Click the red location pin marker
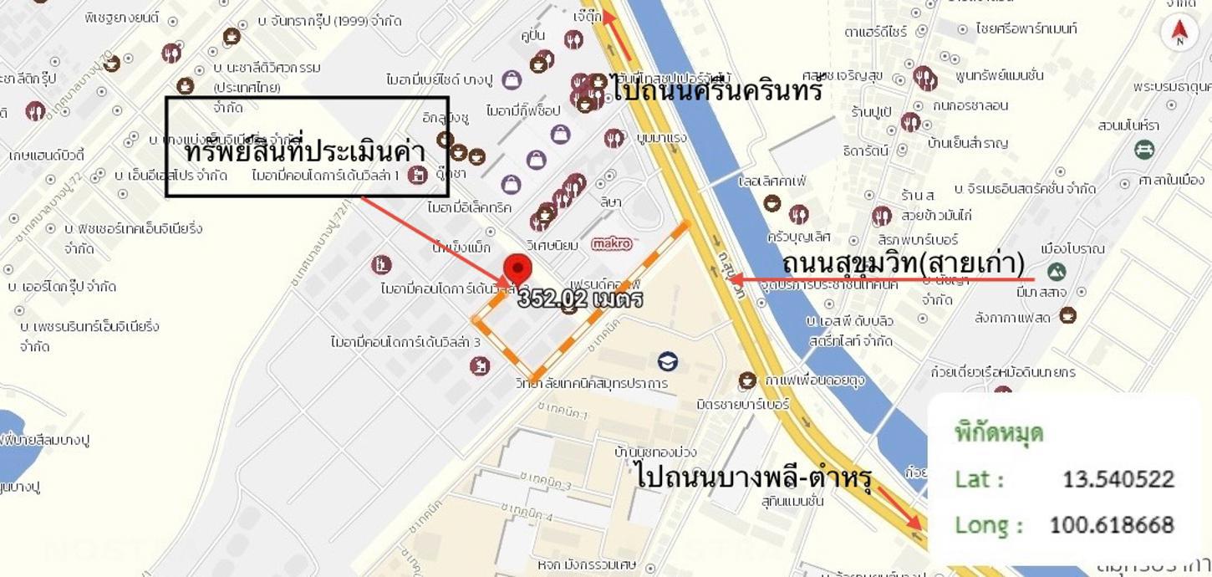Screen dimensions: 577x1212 (x=518, y=269)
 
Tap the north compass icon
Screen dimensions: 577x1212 (x=1179, y=32)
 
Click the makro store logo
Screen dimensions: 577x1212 (x=613, y=243)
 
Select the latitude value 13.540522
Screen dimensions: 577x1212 (x=1118, y=479)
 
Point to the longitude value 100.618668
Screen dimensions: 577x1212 (x=1112, y=525)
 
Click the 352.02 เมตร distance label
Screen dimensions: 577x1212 (x=580, y=299)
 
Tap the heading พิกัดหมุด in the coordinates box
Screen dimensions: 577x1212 (x=999, y=433)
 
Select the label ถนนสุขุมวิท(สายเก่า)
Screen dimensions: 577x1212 (x=903, y=263)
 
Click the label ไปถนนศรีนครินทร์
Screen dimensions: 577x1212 (x=717, y=89)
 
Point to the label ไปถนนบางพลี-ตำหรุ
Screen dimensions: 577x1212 (x=754, y=477)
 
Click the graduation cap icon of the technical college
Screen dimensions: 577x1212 (x=667, y=361)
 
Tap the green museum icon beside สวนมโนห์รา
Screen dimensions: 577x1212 (x=1144, y=149)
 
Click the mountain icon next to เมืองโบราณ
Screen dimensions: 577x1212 (x=1056, y=271)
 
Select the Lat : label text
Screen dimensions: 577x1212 (x=979, y=479)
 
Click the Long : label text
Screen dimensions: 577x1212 (x=989, y=525)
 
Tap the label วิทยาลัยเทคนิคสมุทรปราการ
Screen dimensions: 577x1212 (x=592, y=383)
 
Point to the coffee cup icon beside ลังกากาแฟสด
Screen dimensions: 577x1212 (x=1067, y=315)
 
